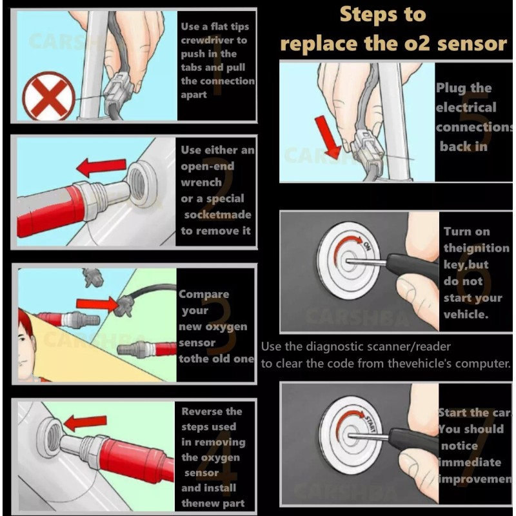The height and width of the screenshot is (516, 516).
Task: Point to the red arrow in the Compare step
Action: (x=97, y=303)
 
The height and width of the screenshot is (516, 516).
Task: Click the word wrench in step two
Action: (x=201, y=183)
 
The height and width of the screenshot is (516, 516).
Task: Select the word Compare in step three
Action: (x=204, y=294)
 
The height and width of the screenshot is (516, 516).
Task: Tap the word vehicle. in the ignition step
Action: (x=466, y=315)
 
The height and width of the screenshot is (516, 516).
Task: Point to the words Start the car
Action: (x=473, y=413)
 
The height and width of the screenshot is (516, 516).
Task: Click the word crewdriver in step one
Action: (x=214, y=41)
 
